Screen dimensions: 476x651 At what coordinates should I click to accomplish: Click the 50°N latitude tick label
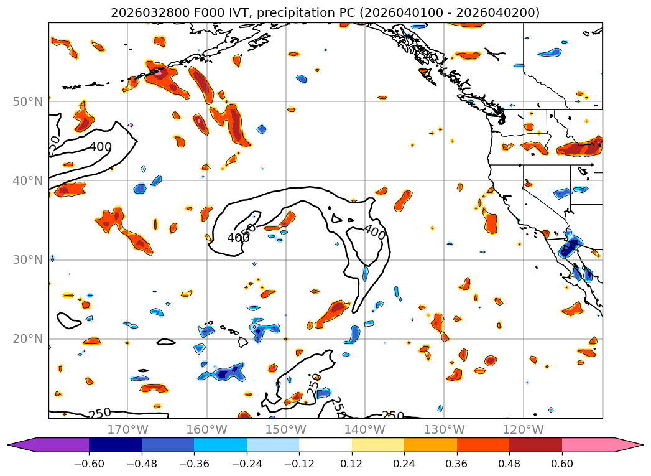tap(27, 101)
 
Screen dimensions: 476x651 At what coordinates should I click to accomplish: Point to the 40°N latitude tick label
tap(27, 181)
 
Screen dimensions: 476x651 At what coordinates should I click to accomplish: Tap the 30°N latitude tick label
tap(27, 260)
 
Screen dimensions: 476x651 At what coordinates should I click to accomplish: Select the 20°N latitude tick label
tap(27, 339)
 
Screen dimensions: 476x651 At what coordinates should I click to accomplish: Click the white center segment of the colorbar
tap(325, 445)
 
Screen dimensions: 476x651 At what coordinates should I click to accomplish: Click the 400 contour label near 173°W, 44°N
tap(100, 147)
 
